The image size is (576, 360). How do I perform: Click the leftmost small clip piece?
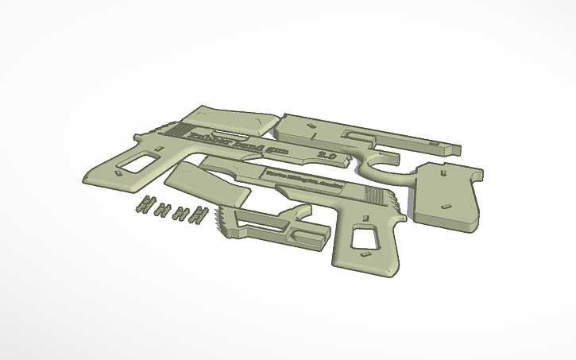144,203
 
